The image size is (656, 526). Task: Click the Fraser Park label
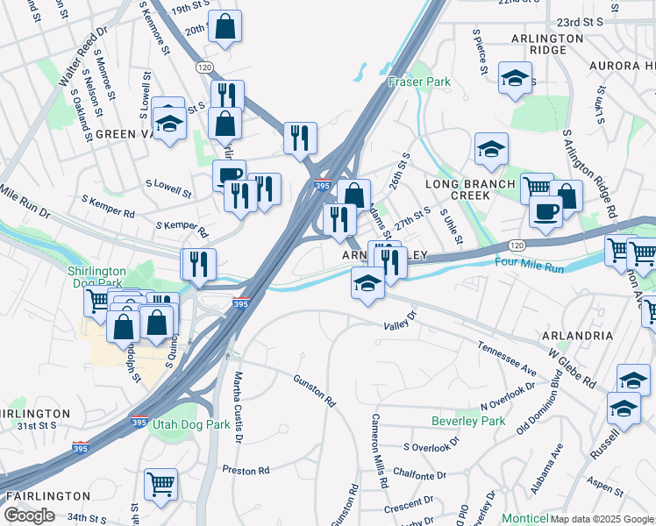coord(419,82)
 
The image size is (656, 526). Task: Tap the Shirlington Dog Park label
coord(97,277)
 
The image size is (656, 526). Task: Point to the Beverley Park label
coord(468,422)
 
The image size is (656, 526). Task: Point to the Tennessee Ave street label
coord(507,359)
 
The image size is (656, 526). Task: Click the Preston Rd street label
coord(246,471)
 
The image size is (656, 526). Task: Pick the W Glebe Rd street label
coord(572,370)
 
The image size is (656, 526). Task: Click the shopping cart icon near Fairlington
coord(160,483)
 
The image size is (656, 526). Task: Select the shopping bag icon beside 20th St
coord(225,26)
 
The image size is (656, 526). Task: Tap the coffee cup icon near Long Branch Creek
coord(545,211)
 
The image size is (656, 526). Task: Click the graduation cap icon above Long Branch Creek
coord(492,148)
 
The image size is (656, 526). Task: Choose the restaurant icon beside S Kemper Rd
coord(198,264)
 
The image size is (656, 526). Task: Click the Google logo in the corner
coord(29,515)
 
